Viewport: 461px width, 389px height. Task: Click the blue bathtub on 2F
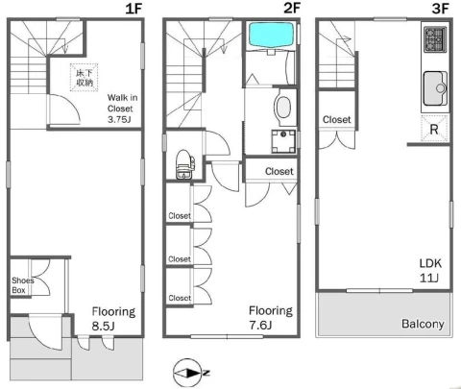pyautogui.click(x=271, y=35)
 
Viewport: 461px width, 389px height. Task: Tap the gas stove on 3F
pyautogui.click(x=435, y=39)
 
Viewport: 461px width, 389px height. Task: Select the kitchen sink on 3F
pyautogui.click(x=435, y=88)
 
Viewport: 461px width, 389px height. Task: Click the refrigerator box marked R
pyautogui.click(x=434, y=128)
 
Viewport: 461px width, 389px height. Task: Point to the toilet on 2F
pyautogui.click(x=184, y=164)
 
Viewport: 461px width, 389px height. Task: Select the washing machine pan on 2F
pyautogui.click(x=283, y=141)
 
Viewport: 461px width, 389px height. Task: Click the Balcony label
pyautogui.click(x=423, y=324)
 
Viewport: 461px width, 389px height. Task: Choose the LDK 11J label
pyautogui.click(x=430, y=271)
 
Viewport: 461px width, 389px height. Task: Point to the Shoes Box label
pyautogui.click(x=22, y=285)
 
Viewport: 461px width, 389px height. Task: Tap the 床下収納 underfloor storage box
pyautogui.click(x=85, y=78)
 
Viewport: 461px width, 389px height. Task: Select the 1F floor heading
pyautogui.click(x=133, y=9)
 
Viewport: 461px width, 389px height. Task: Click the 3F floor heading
pyautogui.click(x=440, y=9)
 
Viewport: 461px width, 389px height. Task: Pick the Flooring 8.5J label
pyautogui.click(x=113, y=319)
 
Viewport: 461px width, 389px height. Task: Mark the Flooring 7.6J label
pyautogui.click(x=271, y=318)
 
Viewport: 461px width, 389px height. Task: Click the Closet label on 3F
pyautogui.click(x=337, y=120)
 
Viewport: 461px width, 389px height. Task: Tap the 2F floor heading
pyautogui.click(x=292, y=8)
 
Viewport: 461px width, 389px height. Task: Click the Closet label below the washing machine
pyautogui.click(x=279, y=171)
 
